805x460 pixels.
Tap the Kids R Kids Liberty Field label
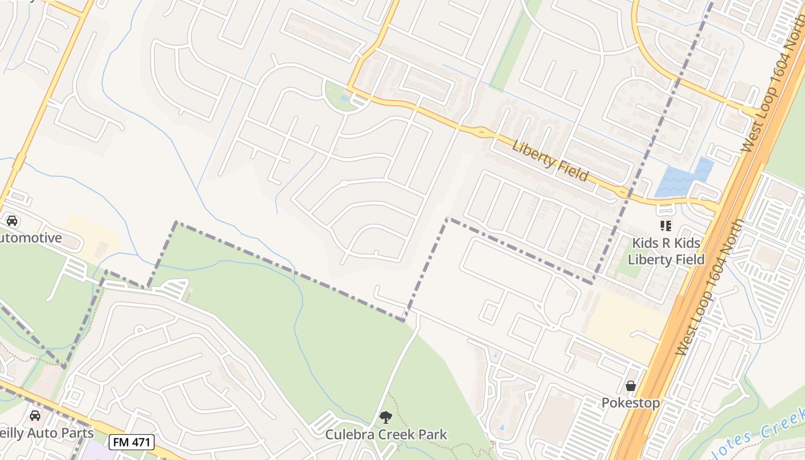pyautogui.click(x=666, y=251)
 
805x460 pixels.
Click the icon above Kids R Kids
pyautogui.click(x=666, y=226)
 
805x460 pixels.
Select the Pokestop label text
pyautogui.click(x=630, y=402)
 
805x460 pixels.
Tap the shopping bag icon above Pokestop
pyautogui.click(x=631, y=386)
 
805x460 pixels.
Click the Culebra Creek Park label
pyautogui.click(x=386, y=434)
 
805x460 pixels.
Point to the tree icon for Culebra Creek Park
pyautogui.click(x=386, y=417)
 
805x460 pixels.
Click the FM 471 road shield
pyautogui.click(x=132, y=442)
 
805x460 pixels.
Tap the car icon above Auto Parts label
pyautogui.click(x=34, y=415)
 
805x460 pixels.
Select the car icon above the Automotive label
pyautogui.click(x=11, y=221)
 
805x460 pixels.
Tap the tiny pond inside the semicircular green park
pyautogui.click(x=344, y=98)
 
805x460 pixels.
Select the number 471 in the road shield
pyautogui.click(x=139, y=442)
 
